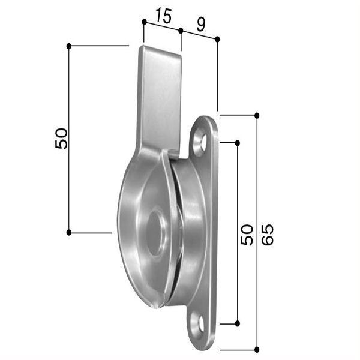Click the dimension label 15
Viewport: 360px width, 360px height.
pos(163,16)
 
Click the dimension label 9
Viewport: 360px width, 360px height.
pos(201,25)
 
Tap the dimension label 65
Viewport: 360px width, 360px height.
pos(267,235)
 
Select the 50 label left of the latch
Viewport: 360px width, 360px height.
pos(61,139)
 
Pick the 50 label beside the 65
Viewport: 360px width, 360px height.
pos(247,235)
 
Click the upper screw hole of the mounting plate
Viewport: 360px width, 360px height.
pos(201,141)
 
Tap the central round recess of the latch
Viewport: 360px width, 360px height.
pos(156,232)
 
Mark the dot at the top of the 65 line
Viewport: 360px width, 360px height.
pos(257,115)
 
